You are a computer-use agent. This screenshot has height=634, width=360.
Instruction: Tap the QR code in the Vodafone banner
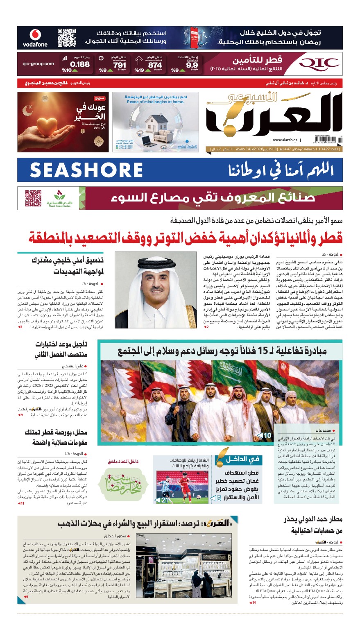tap(67, 38)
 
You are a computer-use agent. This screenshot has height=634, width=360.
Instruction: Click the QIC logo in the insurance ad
tap(319, 64)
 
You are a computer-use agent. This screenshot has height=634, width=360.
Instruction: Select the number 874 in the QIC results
tap(155, 65)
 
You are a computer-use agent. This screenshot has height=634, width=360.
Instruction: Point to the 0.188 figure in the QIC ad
tap(80, 64)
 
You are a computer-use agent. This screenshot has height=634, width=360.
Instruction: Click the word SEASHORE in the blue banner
tap(86, 170)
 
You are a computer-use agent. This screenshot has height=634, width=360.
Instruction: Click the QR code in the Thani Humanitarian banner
tap(33, 198)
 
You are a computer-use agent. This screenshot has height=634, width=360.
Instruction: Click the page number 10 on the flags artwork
tap(267, 435)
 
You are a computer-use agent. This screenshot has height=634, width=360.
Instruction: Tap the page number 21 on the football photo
tap(165, 500)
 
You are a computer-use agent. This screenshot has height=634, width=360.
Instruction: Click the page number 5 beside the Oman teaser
tap(219, 498)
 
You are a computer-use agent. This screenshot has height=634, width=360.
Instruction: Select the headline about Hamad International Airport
tap(314, 525)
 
